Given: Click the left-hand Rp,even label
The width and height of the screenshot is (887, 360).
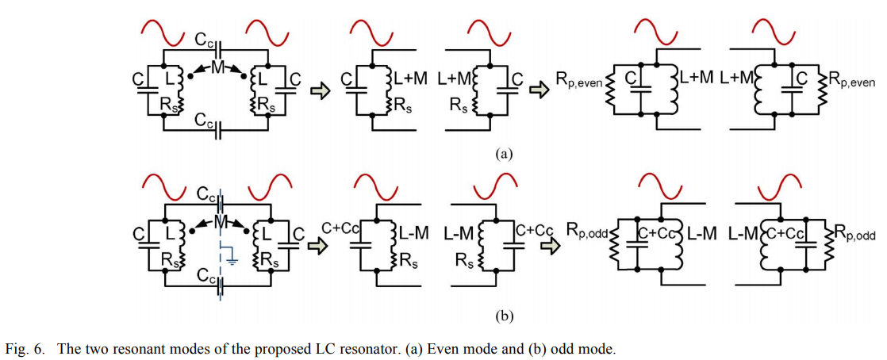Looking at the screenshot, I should (578, 80).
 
